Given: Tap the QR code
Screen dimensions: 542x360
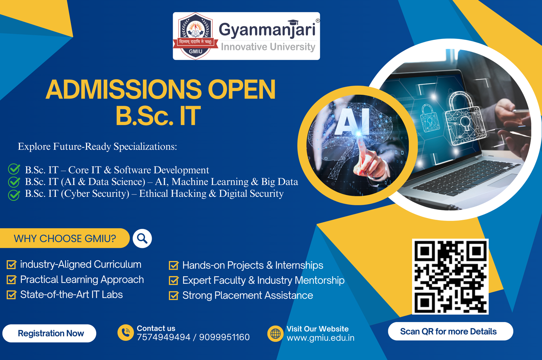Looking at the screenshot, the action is (450, 277).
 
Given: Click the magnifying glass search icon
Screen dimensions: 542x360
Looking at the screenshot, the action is (142, 238).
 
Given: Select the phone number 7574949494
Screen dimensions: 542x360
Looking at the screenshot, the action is (164, 337).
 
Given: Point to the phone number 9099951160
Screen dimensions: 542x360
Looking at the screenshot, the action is (224, 337).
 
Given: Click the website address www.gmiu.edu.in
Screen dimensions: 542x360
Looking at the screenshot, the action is (320, 338).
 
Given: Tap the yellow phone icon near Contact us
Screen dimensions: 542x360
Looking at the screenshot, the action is (126, 333).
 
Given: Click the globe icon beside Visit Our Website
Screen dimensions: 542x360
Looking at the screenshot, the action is (275, 334).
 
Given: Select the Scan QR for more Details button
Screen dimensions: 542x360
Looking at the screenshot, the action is (451, 331).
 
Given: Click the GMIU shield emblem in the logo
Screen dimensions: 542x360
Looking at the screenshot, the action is (195, 36).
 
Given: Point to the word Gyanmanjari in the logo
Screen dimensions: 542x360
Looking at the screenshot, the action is (267, 30).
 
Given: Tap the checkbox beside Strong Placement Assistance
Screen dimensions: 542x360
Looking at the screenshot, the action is (174, 295).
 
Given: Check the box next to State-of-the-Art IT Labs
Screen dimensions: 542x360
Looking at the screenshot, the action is (12, 295).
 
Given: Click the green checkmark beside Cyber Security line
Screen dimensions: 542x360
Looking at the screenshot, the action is (14, 195).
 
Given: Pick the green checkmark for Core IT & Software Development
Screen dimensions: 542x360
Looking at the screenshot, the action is (14, 169).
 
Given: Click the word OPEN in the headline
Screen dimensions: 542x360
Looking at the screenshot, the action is (242, 89).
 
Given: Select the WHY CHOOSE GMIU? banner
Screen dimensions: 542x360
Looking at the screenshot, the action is (65, 238).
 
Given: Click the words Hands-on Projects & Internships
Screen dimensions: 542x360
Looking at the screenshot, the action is (253, 265).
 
